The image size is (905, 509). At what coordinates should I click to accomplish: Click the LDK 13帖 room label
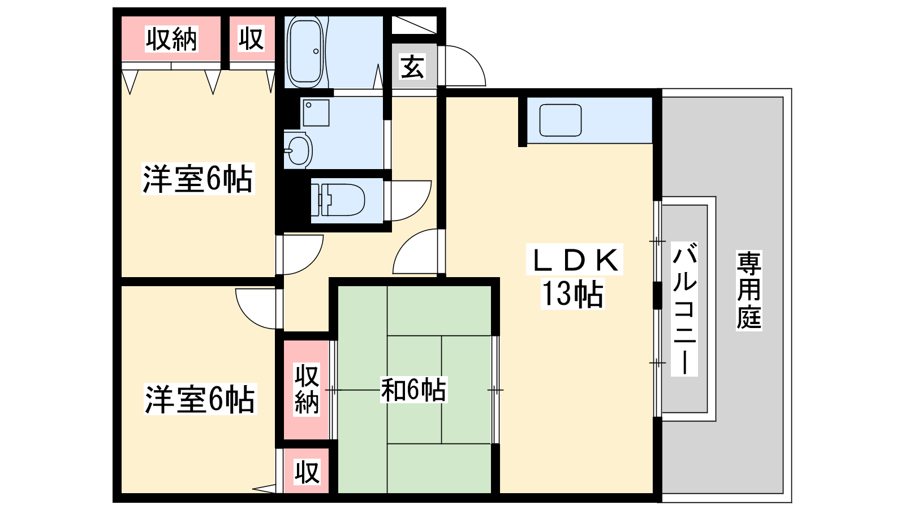coord(574,277)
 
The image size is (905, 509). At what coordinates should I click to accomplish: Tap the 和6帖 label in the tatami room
coord(413,390)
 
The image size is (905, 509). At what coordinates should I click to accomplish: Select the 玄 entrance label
coord(412,67)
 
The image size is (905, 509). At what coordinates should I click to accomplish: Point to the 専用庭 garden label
coord(749,290)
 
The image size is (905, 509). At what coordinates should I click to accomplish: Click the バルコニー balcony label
coord(684,309)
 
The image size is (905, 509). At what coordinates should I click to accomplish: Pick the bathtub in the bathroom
coord(306,51)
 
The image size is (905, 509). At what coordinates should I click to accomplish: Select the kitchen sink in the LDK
coord(561,120)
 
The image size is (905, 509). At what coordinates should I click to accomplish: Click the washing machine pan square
coord(316,113)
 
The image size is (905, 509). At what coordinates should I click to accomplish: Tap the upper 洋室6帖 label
coord(197,179)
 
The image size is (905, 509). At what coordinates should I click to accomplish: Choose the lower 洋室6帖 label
coord(200,399)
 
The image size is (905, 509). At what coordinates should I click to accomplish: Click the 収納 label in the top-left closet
coord(171,39)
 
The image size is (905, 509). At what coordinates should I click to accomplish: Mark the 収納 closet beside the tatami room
coord(307,390)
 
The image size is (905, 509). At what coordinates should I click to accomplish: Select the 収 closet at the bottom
coord(307,472)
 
